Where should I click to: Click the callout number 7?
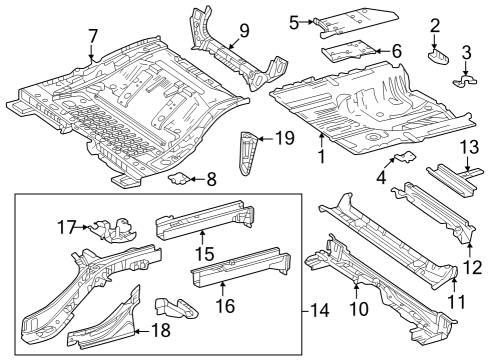(93, 36)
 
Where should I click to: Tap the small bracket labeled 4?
(404, 157)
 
